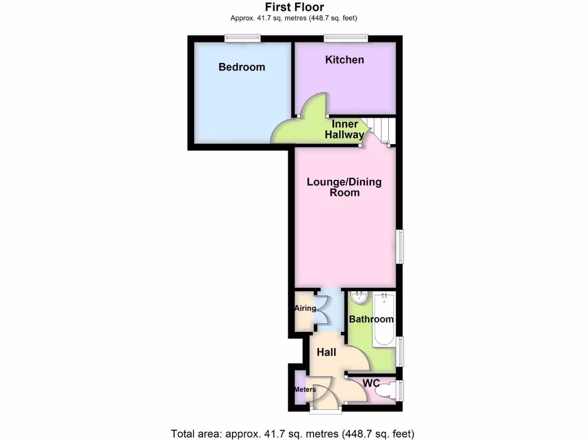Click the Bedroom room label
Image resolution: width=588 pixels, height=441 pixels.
tap(242, 67)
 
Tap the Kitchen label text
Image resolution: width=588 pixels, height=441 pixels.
tap(345, 60)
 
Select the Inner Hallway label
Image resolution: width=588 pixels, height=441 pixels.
tap(345, 130)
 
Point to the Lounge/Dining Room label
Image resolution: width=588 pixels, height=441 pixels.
tap(345, 187)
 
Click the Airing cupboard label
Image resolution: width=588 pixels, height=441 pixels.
tap(305, 308)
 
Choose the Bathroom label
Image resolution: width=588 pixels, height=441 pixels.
tap(372, 319)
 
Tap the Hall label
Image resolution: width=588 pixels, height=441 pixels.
tap(327, 352)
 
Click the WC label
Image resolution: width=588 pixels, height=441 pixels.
tap(371, 383)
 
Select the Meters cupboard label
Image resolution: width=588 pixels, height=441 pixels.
tap(305, 389)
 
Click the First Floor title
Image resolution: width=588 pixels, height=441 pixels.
tap(294, 7)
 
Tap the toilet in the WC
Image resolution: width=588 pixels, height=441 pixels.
tap(385, 392)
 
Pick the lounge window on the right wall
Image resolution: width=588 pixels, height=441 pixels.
tap(401, 247)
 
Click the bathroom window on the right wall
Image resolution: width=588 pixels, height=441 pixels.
tap(401, 351)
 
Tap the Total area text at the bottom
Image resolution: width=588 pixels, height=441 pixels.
tap(292, 434)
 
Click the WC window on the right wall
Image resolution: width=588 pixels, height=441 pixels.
tap(401, 391)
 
